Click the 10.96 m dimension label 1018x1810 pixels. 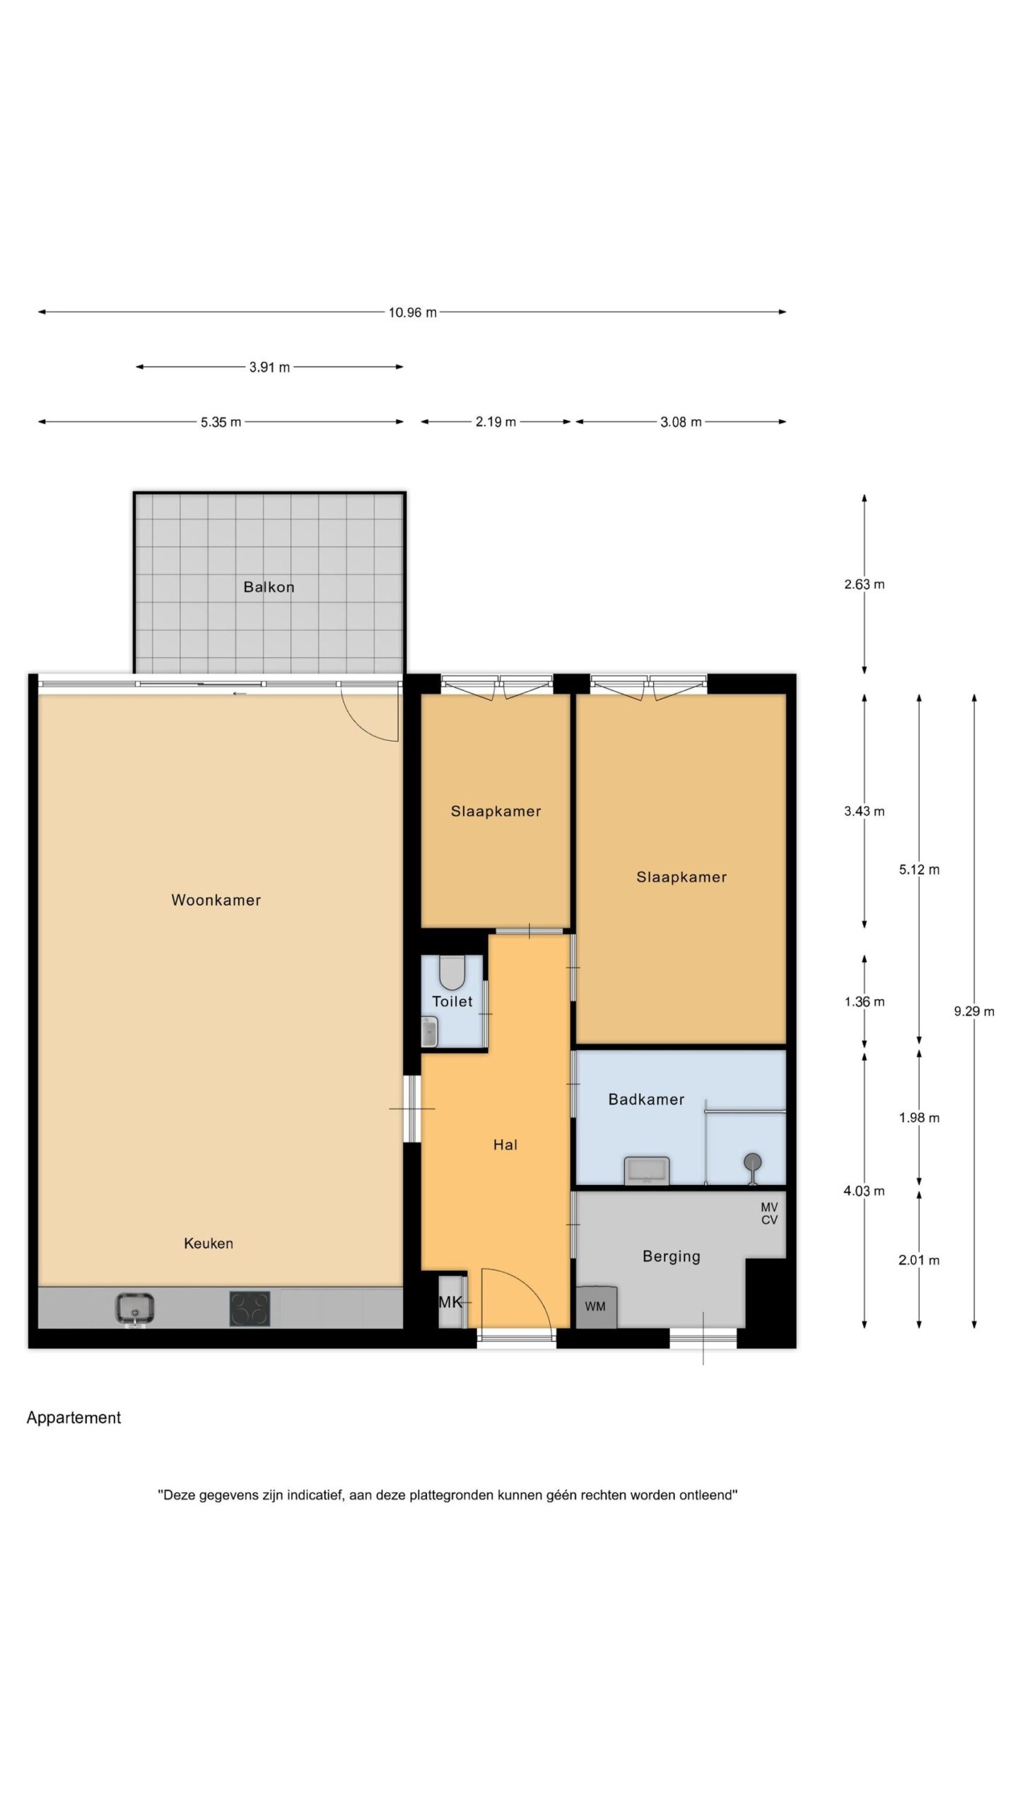point(412,312)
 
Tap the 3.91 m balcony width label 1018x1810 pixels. point(269,367)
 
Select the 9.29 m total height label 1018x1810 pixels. point(973,1011)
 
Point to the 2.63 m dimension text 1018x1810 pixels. point(864,584)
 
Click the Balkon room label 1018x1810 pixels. point(269,587)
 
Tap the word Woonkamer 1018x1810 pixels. point(216,900)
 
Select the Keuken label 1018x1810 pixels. point(209,1243)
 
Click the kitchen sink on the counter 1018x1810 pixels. point(135,1308)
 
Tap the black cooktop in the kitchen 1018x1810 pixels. point(250,1308)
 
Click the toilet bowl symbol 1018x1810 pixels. point(452,973)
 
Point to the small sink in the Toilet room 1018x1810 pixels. point(430,1032)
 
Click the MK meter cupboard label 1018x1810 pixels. point(450,1302)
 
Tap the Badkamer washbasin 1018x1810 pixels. point(646,1170)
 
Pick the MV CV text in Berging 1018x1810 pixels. point(769,1213)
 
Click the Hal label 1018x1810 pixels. point(505,1145)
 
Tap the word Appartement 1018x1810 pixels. point(74,1418)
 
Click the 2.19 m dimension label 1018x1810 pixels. point(496,422)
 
